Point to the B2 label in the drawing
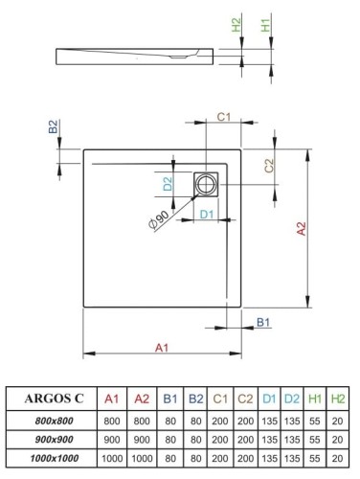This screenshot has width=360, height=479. (55, 127)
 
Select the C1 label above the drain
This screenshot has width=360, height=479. (222, 117)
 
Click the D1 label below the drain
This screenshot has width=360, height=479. (207, 213)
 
